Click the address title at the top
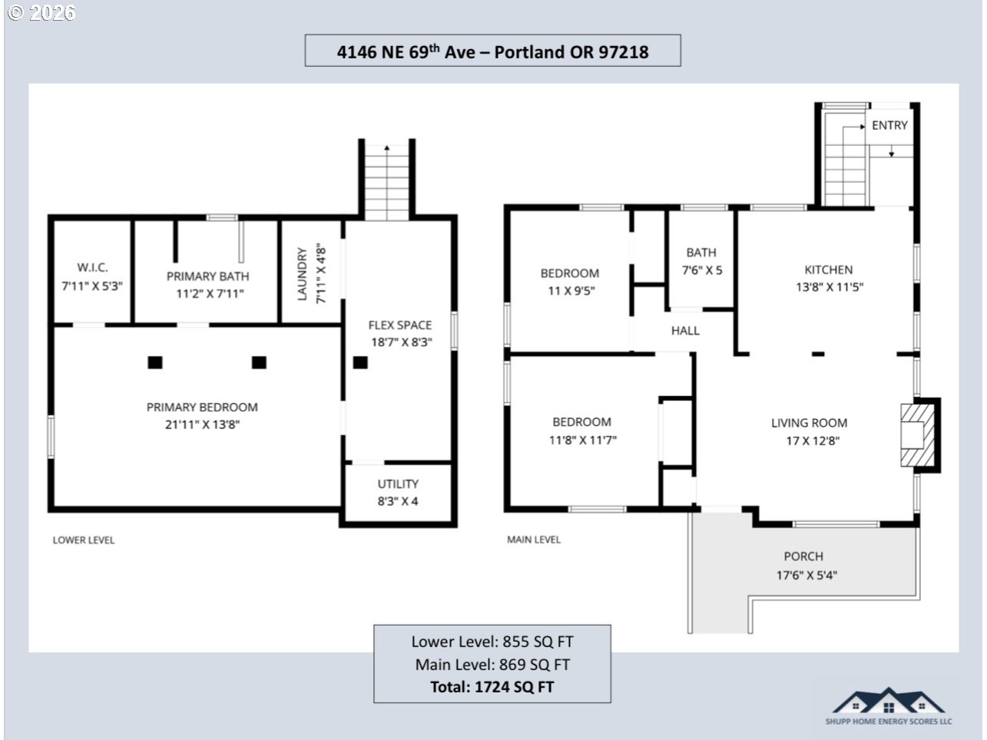coord(492,51)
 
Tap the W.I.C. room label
coord(93,268)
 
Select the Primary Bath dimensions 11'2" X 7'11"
coord(210,294)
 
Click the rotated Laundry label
coord(302,273)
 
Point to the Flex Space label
coord(399,325)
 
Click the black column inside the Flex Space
coord(360,362)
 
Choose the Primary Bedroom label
coord(202,407)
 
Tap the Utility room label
coord(398,484)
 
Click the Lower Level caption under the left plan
coord(84,540)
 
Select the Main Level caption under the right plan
coord(534,540)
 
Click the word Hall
coord(685,331)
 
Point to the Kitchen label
coord(829,269)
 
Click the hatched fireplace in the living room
coord(917,435)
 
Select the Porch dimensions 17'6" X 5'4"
coord(806,575)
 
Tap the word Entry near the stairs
coord(889,125)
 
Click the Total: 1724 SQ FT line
coord(492,686)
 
